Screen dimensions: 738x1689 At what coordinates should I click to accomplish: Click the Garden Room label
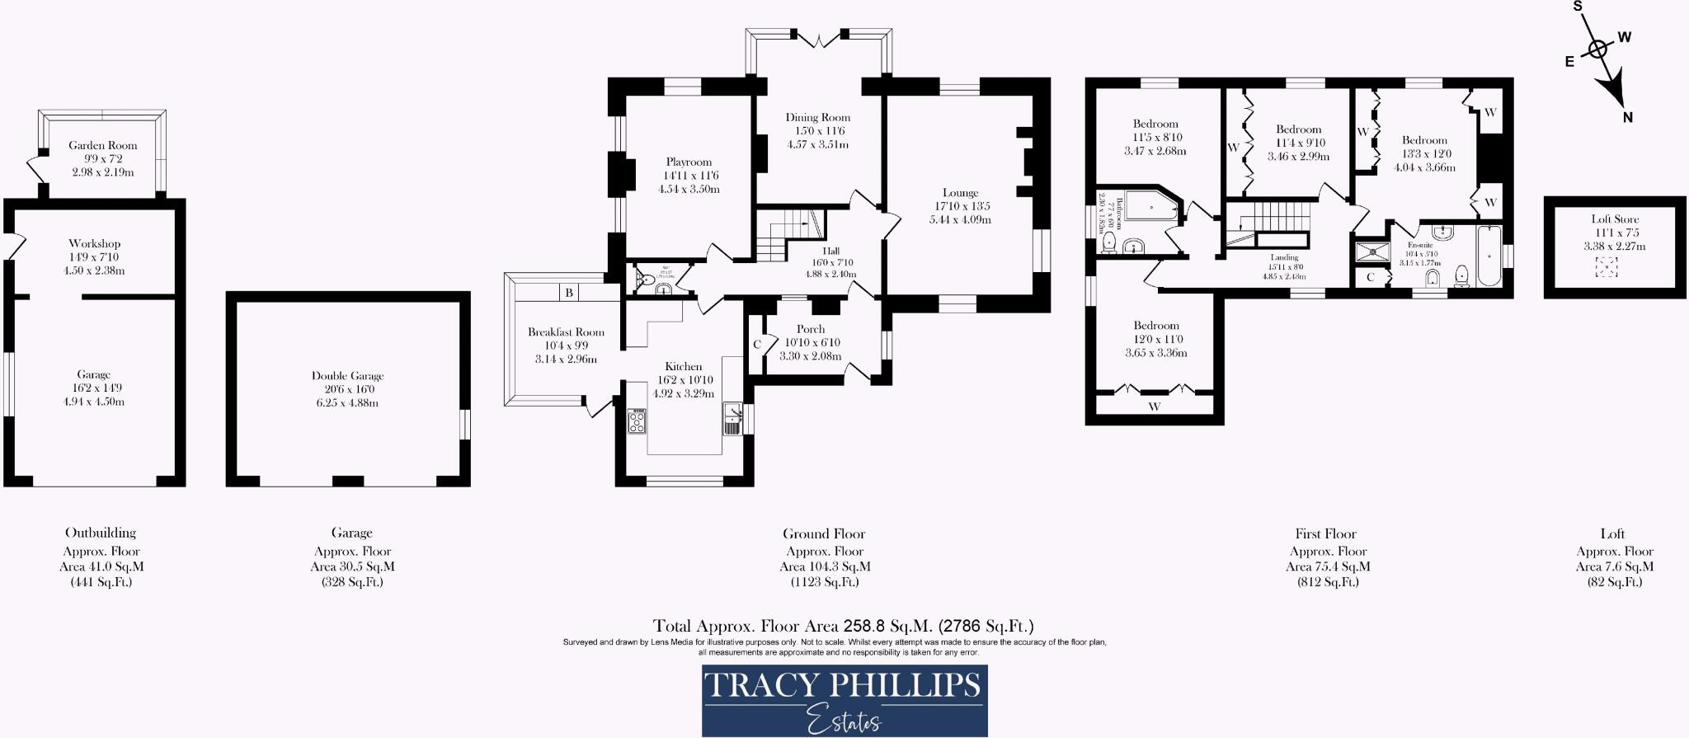point(102,145)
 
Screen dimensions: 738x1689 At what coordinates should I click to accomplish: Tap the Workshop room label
point(94,243)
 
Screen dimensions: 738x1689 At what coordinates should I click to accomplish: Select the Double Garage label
point(347,375)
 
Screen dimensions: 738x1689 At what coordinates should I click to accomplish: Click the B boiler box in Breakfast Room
point(569,293)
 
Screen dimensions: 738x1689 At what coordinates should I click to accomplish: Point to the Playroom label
point(689,162)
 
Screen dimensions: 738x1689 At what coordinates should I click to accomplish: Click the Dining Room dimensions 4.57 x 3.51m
point(817,144)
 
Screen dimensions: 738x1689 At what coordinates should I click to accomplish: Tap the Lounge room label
point(960,193)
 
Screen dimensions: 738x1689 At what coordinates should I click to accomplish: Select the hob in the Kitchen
point(637,421)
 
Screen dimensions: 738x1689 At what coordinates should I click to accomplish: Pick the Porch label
point(810,329)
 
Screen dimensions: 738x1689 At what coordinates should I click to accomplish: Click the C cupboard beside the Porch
point(756,344)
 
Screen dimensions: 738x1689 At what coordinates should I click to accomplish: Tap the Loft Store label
point(1615,219)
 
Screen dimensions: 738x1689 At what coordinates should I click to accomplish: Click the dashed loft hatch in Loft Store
point(1606,267)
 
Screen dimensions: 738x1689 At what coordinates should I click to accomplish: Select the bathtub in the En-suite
point(1489,256)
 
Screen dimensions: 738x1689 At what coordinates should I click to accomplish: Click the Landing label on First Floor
point(1284,257)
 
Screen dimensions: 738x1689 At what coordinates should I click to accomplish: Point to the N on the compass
point(1627,118)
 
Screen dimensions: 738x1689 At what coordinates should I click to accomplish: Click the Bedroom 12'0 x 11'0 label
point(1155,326)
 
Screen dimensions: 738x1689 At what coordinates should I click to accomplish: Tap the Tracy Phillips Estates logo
point(844,700)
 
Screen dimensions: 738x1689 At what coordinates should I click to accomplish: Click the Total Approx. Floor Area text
point(843,626)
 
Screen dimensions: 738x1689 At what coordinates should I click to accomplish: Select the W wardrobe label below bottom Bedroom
point(1154,407)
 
